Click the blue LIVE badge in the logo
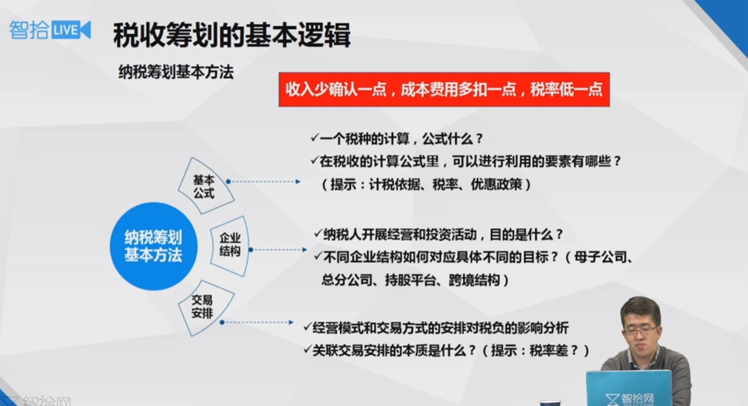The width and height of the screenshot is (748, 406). [x=71, y=30]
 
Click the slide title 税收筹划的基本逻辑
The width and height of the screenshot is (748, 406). [x=232, y=35]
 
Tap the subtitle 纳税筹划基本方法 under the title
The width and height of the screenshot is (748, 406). [x=176, y=72]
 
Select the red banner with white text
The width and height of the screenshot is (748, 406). [x=444, y=90]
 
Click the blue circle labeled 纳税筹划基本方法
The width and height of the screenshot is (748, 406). [x=154, y=246]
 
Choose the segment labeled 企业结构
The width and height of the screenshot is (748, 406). [x=230, y=246]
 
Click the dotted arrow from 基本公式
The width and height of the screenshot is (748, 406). [x=264, y=182]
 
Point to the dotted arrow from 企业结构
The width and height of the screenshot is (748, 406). [x=278, y=250]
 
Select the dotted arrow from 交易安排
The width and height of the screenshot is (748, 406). [x=257, y=322]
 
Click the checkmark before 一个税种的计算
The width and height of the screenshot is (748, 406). [x=315, y=137]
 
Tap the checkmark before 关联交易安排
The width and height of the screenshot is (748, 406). [x=307, y=350]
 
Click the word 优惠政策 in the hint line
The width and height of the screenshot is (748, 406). [x=496, y=184]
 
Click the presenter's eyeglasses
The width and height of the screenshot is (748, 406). [x=640, y=331]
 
